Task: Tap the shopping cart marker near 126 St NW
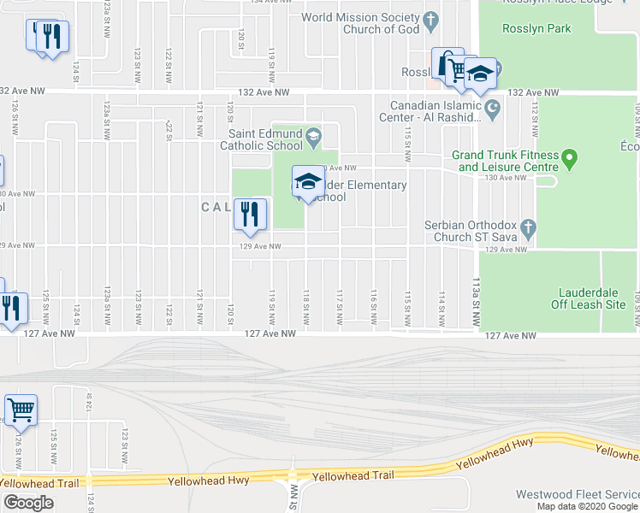click(21, 410)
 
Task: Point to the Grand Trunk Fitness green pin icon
click(572, 158)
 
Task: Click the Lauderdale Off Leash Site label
click(592, 297)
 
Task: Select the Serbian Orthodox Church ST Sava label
click(472, 231)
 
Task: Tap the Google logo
click(28, 503)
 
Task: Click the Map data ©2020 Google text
click(587, 506)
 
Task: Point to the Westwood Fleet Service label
click(577, 494)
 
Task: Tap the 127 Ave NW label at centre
click(270, 335)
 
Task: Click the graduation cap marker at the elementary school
click(308, 180)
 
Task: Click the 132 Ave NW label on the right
click(533, 92)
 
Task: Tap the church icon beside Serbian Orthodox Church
click(528, 228)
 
